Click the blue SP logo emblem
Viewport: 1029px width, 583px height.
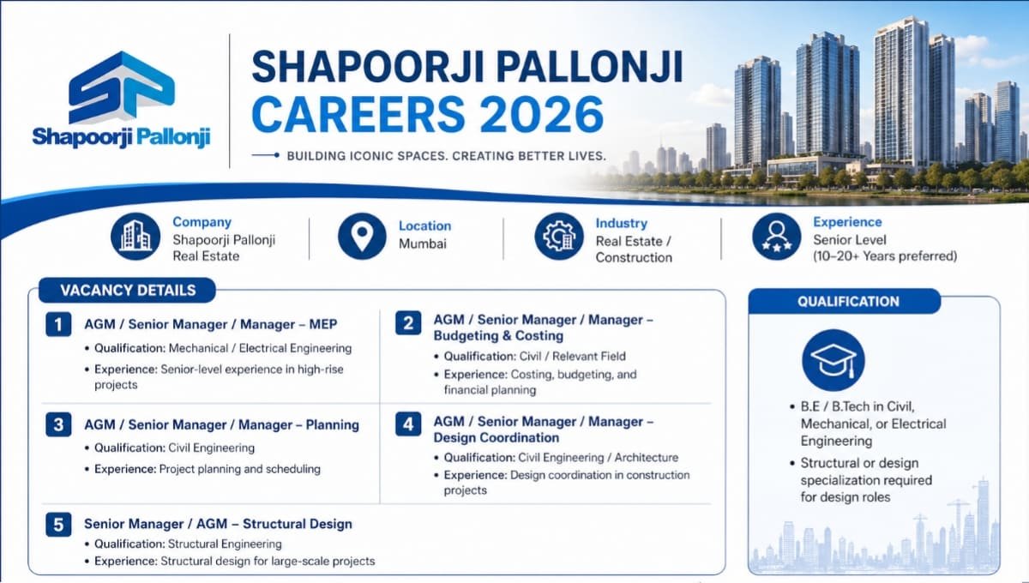121,87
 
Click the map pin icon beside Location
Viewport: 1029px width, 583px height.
362,236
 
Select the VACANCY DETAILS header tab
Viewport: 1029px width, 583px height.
128,291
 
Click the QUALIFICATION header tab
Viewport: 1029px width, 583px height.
847,302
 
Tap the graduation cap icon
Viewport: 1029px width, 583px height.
833,359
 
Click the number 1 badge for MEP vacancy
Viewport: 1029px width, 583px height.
58,324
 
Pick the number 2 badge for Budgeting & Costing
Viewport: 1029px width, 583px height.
408,322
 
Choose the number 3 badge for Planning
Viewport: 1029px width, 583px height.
58,424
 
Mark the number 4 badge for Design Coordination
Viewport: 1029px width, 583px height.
408,424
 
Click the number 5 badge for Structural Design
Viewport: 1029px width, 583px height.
58,524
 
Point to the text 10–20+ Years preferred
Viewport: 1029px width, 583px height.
885,256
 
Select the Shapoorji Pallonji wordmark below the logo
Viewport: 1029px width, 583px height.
121,136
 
